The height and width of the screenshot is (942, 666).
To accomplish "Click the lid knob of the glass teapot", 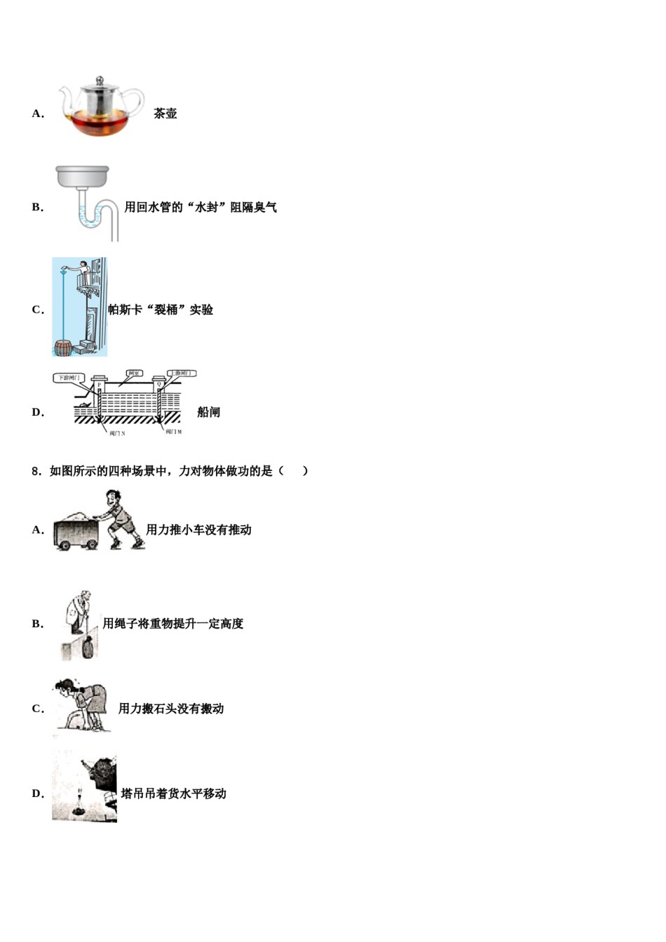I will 100,80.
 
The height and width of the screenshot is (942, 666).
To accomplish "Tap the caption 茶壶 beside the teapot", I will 165,114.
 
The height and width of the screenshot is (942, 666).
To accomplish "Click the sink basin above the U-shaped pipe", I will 83,177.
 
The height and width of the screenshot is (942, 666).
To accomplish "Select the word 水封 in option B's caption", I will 206,207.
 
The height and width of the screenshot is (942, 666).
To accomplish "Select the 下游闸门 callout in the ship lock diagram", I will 68,378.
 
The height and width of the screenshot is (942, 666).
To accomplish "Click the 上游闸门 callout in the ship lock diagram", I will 181,374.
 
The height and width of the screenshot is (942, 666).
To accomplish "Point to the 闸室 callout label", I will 134,374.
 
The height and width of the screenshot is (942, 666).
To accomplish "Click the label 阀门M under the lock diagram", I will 174,432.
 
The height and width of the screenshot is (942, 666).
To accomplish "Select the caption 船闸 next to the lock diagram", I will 208,412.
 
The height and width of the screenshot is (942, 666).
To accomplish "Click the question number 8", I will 36,471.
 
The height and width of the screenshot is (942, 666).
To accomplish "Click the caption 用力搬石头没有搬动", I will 171,709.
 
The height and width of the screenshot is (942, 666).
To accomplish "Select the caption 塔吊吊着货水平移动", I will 173,793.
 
